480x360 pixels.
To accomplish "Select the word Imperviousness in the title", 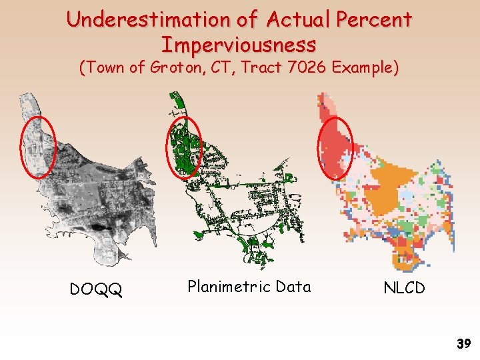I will pyautogui.click(x=239, y=45).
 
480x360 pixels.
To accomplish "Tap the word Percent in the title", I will pyautogui.click(x=374, y=19).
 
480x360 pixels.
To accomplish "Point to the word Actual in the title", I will pyautogui.click(x=298, y=19).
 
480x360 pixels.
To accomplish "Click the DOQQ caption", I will pyautogui.click(x=96, y=289).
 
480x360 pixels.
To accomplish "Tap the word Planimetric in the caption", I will pyautogui.click(x=229, y=287).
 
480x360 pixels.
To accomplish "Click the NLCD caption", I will pyautogui.click(x=404, y=287).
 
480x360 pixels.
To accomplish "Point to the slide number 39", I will pyautogui.click(x=464, y=344).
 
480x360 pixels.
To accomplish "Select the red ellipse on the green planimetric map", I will pyautogui.click(x=183, y=147).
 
